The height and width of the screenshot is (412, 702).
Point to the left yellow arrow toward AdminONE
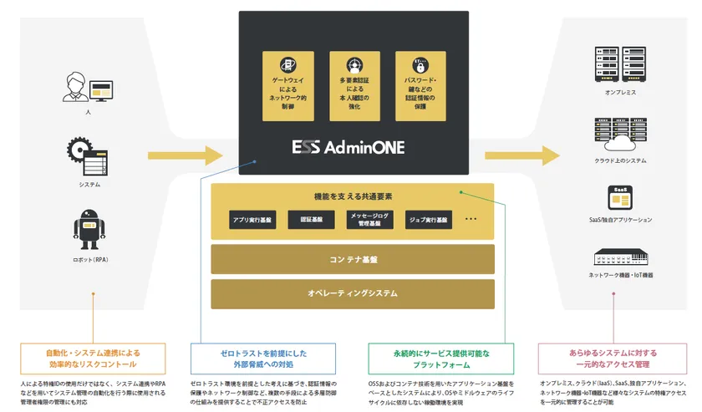(x=186, y=155)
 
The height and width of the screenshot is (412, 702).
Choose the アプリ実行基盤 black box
(x=252, y=221)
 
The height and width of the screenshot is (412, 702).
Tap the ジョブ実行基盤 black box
(x=427, y=221)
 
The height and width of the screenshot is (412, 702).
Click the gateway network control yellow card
(x=287, y=85)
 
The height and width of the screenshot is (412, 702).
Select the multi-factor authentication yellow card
(x=354, y=85)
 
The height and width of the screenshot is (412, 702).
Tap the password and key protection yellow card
(x=420, y=85)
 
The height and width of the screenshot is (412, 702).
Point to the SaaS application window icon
(x=619, y=197)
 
